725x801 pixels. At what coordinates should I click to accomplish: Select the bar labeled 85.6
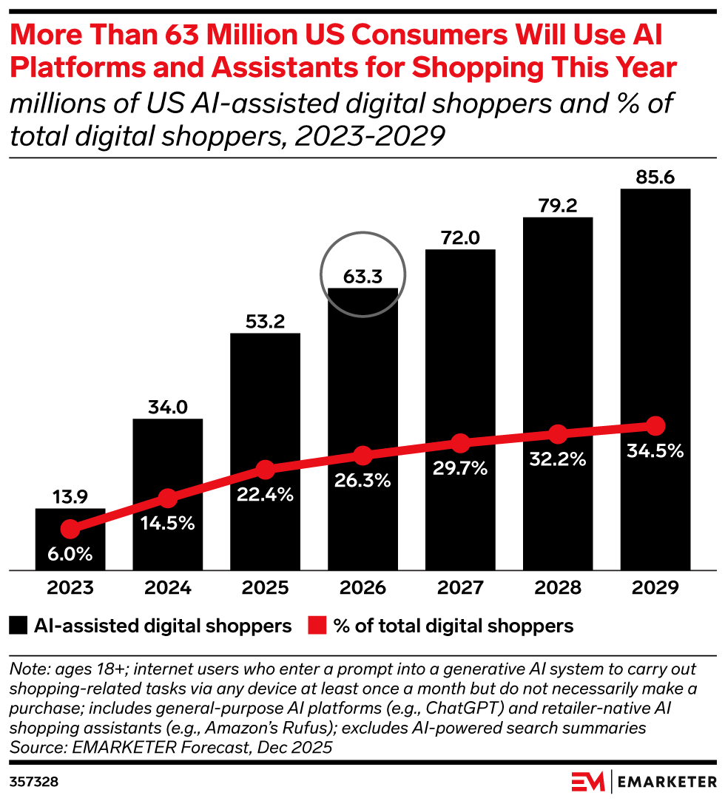[655, 333]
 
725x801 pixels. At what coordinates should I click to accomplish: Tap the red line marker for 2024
[168, 498]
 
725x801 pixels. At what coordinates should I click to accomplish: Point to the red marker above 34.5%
[655, 426]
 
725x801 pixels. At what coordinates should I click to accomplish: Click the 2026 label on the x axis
[362, 589]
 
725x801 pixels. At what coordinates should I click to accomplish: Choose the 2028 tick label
[557, 589]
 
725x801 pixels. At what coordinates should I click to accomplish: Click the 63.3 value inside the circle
[362, 277]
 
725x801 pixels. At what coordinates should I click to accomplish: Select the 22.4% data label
[266, 495]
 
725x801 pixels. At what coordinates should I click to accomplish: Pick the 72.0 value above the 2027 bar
[460, 238]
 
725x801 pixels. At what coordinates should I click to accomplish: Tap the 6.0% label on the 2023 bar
[70, 554]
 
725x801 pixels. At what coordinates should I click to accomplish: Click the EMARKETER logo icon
[589, 781]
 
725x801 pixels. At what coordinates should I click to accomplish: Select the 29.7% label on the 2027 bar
[460, 467]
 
